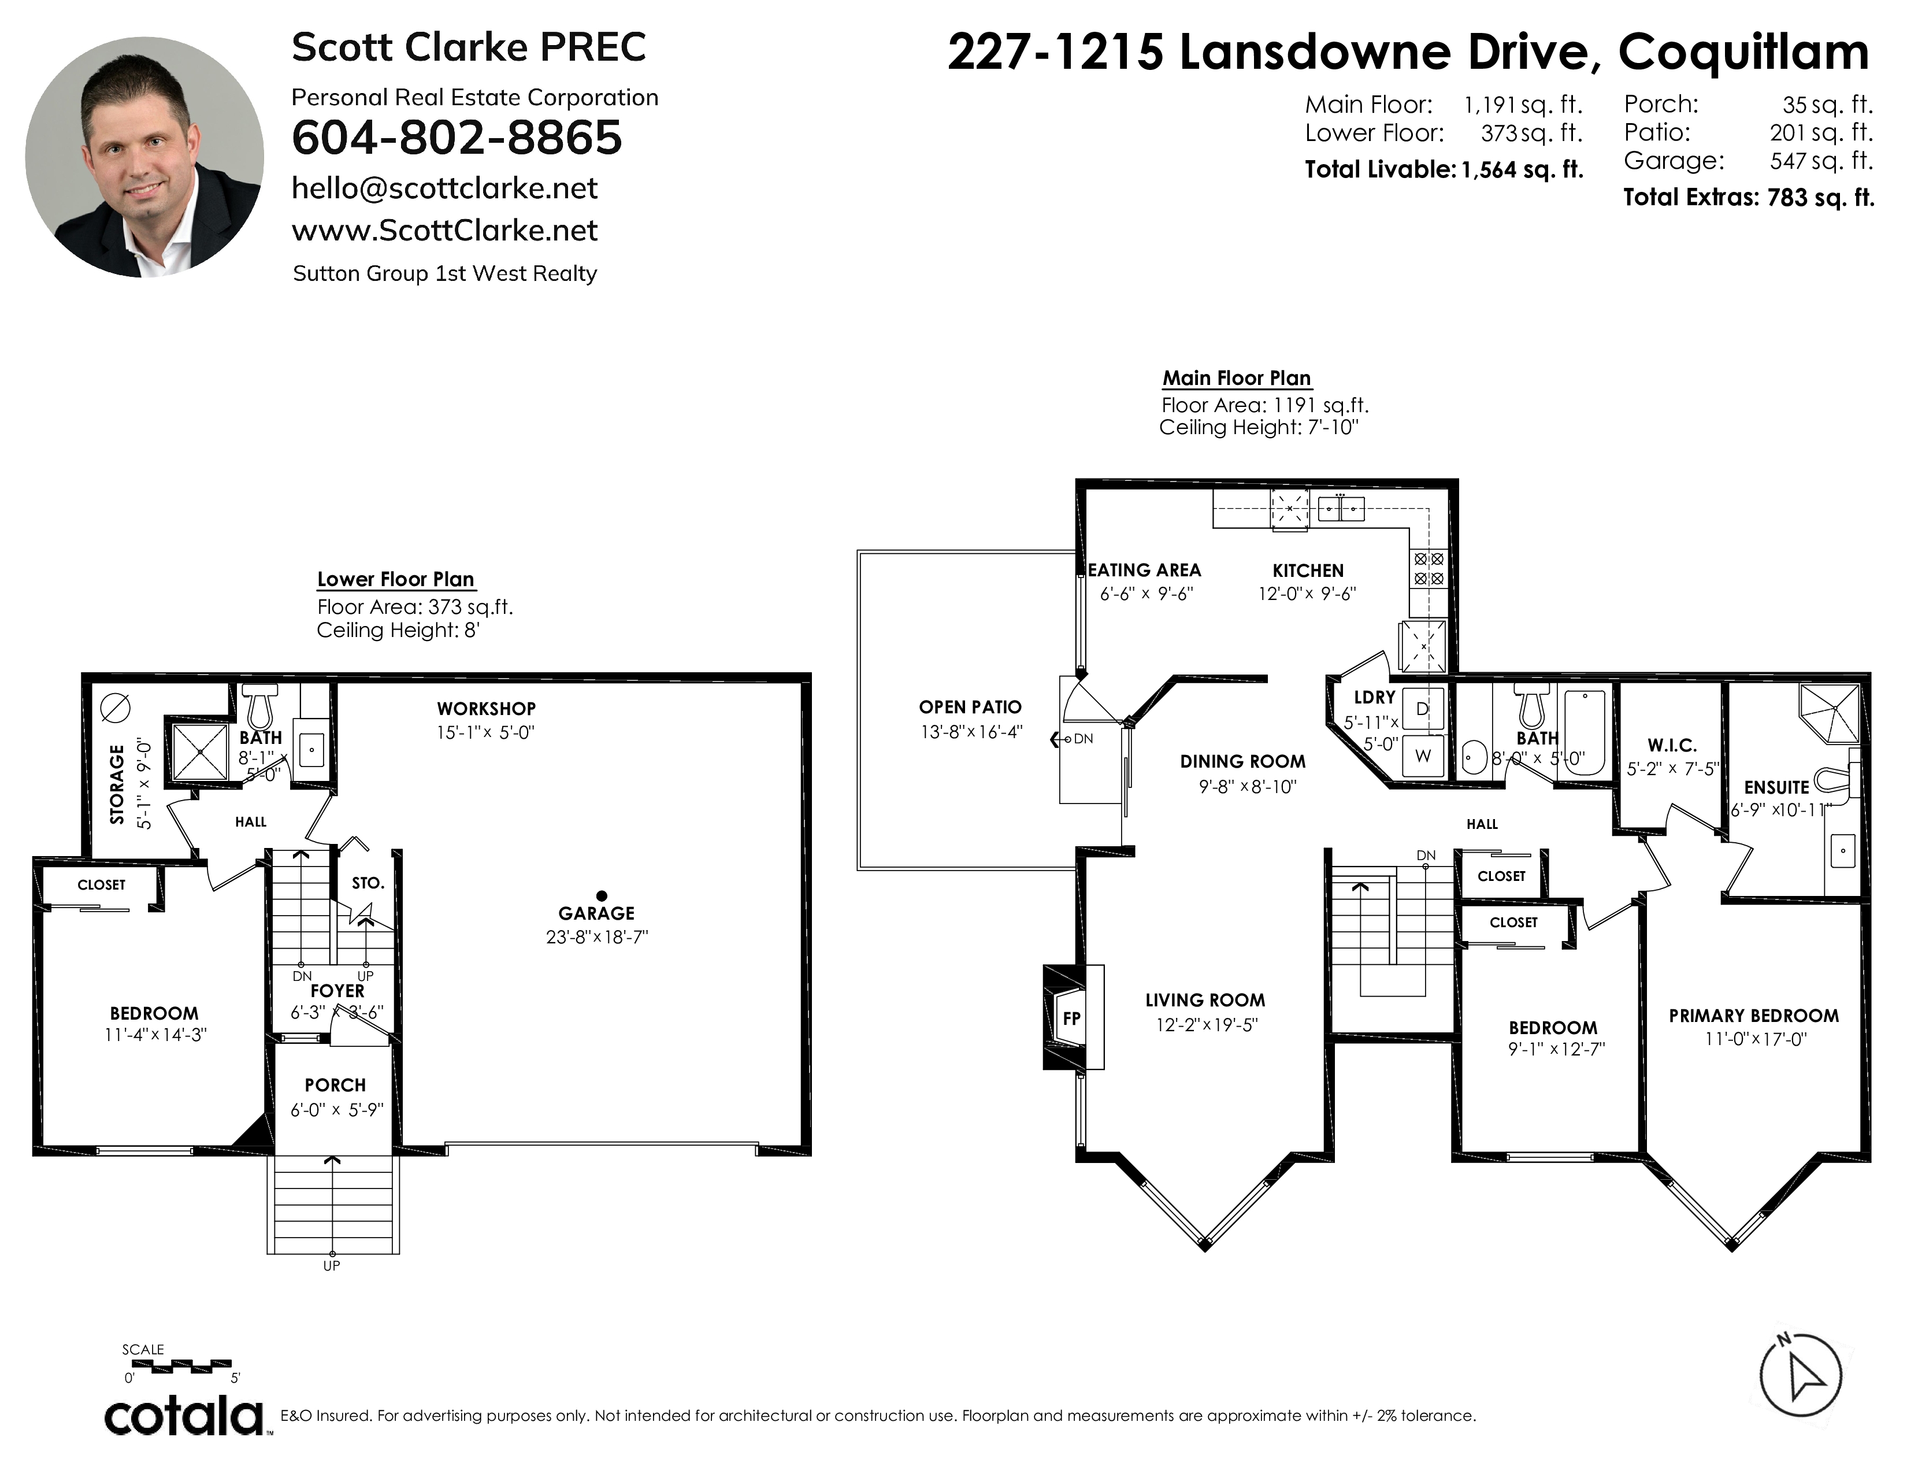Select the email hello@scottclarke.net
[444, 188]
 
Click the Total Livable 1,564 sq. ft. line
[1444, 169]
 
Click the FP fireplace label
[1071, 1018]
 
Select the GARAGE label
[596, 913]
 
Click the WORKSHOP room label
[487, 709]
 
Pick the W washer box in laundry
[1422, 756]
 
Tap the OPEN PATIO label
[970, 708]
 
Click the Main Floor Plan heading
[1237, 378]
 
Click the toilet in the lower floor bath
[259, 706]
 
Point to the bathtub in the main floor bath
[1585, 734]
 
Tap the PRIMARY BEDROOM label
[1754, 1016]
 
